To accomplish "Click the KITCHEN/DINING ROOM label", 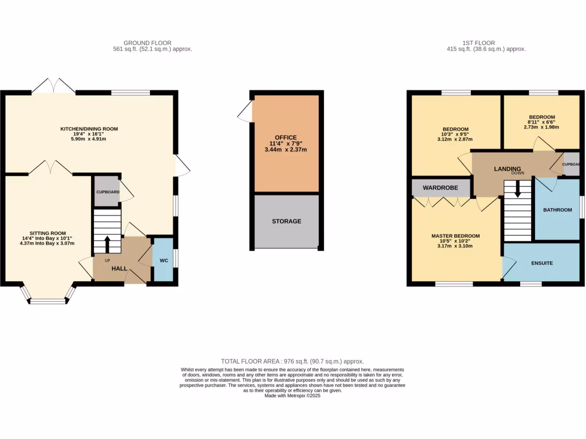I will [89, 129].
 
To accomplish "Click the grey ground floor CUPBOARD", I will [108, 192].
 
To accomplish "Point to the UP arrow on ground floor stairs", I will [108, 242].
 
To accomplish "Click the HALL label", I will [119, 268].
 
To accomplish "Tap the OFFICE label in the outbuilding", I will [286, 138].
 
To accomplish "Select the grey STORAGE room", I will [286, 221].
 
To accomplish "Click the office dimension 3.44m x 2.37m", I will [286, 150].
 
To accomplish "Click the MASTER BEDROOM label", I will [456, 236].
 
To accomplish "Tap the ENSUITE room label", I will [541, 264].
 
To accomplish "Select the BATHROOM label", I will [557, 210].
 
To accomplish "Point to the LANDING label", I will [507, 169].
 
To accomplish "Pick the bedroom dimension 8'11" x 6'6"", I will [541, 122].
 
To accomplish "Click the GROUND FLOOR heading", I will [147, 43].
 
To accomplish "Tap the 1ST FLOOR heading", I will [479, 43].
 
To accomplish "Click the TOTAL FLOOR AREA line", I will [292, 361].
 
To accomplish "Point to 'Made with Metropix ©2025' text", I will [292, 396].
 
